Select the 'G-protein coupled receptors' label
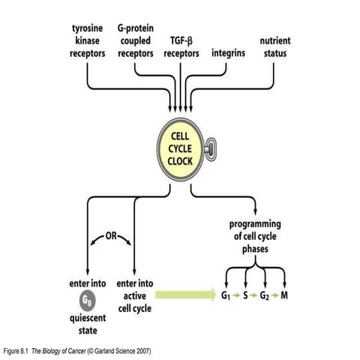[x=136, y=40]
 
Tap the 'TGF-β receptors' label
[x=183, y=46]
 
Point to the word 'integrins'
[x=228, y=52]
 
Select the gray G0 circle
[x=86, y=302]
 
